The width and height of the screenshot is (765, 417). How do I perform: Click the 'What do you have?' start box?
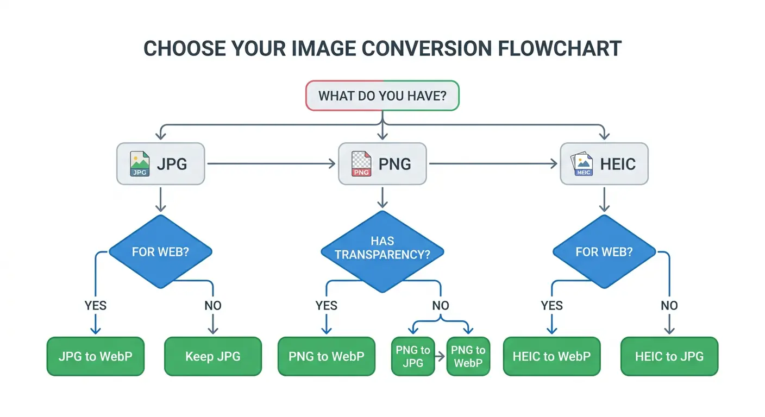pyautogui.click(x=382, y=96)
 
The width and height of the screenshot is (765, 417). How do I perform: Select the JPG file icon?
pyautogui.click(x=140, y=164)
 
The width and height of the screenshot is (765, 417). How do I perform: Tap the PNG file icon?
pyautogui.click(x=361, y=164)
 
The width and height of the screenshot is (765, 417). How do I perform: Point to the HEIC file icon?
pyautogui.click(x=583, y=164)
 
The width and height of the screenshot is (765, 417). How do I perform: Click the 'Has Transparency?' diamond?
pyautogui.click(x=382, y=247)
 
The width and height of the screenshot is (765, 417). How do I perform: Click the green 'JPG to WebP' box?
pyautogui.click(x=96, y=357)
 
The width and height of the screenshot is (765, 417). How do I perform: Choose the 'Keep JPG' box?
pyautogui.click(x=212, y=357)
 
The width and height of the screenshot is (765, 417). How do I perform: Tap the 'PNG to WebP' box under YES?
pyautogui.click(x=326, y=357)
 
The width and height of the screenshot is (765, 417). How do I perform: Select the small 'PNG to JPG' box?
pyautogui.click(x=413, y=357)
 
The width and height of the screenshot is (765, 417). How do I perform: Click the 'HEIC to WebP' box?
pyautogui.click(x=551, y=357)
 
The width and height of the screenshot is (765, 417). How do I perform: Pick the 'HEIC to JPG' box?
pyautogui.click(x=669, y=357)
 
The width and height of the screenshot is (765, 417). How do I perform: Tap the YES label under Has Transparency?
pyautogui.click(x=326, y=306)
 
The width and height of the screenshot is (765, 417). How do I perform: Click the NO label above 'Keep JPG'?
pyautogui.click(x=212, y=306)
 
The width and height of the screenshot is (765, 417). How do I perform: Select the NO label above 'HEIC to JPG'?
pyautogui.click(x=669, y=306)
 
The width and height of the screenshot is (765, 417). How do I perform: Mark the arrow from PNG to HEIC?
pyautogui.click(x=493, y=163)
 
